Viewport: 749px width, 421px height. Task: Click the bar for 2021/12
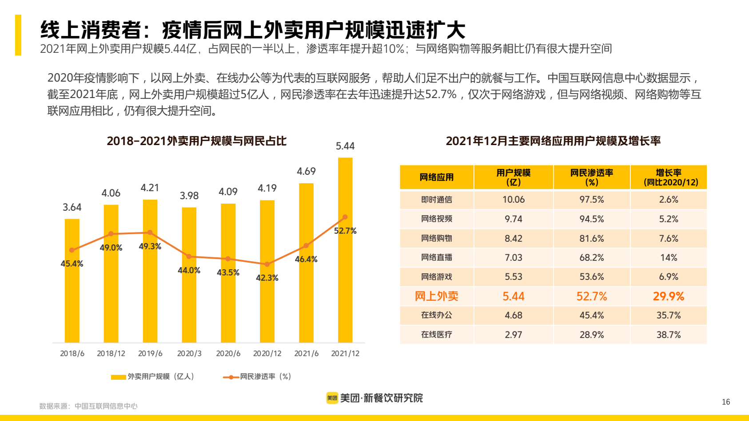(345, 266)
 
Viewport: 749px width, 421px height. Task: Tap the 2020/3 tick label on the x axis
(189, 354)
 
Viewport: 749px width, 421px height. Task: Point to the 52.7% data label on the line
(345, 231)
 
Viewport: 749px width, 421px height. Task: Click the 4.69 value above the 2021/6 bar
(306, 171)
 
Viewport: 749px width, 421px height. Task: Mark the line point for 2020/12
(267, 264)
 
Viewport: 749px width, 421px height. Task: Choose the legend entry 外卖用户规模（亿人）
(152, 377)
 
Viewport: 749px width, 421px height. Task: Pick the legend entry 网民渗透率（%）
(257, 377)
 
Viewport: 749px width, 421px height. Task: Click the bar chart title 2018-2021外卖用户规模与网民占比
(196, 141)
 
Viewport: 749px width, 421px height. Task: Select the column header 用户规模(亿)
(514, 177)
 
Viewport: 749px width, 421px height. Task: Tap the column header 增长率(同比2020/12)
(669, 177)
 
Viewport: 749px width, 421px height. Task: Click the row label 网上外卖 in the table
(436, 296)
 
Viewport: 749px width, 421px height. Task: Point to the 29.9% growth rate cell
(669, 296)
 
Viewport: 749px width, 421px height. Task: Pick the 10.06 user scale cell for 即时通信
(514, 200)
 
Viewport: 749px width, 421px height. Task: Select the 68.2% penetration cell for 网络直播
(592, 258)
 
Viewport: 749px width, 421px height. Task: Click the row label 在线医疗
(436, 335)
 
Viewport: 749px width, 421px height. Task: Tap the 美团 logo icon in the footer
(332, 398)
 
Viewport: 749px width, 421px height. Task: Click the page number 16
(726, 402)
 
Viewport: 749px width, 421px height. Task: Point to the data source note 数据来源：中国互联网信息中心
(88, 406)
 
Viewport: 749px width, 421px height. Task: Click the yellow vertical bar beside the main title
(18, 35)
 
